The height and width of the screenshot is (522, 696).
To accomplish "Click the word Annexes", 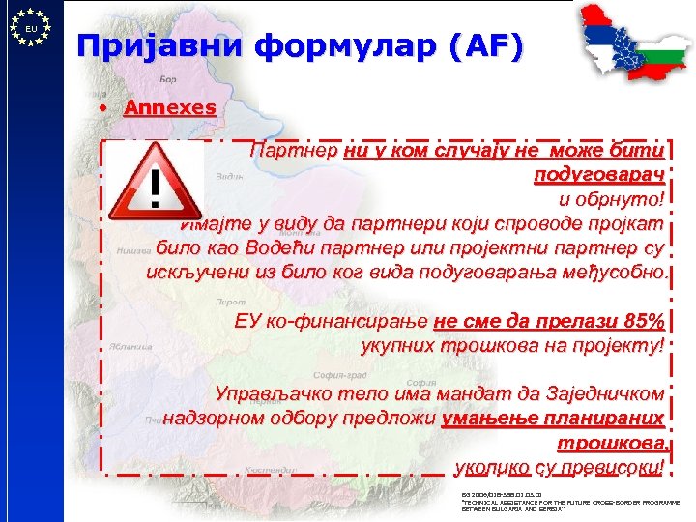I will pos(169,108).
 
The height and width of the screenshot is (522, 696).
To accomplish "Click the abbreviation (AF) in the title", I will pos(493,45).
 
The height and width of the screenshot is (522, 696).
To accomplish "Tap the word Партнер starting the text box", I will pos(292,152).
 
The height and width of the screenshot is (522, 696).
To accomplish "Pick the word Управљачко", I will pos(274,395).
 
